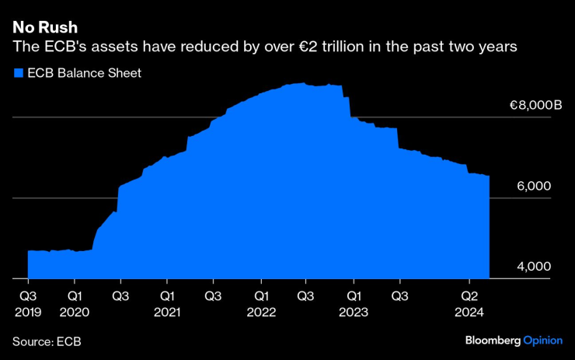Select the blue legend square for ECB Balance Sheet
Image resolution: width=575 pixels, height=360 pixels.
18,74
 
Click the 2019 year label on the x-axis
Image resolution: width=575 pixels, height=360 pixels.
28,312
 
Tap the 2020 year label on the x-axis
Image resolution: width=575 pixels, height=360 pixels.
75,312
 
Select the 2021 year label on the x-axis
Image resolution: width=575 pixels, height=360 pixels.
167,312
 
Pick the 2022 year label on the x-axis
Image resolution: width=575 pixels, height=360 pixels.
261,312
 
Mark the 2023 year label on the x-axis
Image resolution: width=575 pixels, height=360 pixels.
354,312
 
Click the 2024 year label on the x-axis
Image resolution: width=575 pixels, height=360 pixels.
470,312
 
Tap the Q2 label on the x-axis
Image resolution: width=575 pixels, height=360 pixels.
470,295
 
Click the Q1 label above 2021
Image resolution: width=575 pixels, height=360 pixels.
167,295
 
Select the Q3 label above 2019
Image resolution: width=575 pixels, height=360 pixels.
28,295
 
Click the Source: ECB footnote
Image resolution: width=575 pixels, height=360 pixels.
47,341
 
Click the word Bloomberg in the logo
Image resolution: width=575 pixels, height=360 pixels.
493,341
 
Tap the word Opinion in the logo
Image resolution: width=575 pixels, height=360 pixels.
542,341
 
